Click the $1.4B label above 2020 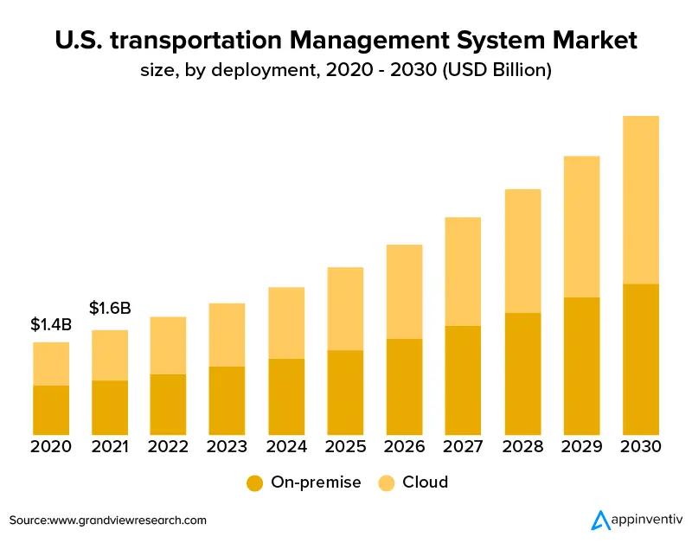point(51,325)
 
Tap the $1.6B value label point(110,308)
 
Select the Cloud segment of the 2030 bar point(640,200)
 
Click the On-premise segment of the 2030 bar point(640,359)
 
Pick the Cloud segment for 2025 point(345,309)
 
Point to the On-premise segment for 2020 point(51,410)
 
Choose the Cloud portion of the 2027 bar point(463,271)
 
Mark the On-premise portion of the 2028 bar point(522,374)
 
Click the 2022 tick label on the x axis point(169,447)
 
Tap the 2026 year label point(404,447)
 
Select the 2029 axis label point(581,447)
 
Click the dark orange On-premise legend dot point(254,482)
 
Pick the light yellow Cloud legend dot point(387,482)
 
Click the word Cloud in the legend point(426,482)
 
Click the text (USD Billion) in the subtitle point(497,71)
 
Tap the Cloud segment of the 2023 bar point(227,335)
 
